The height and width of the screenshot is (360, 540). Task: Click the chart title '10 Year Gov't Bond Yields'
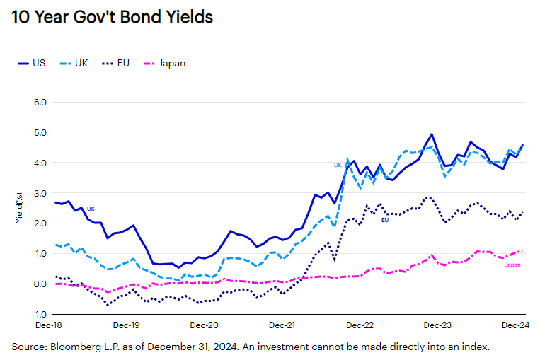(112, 18)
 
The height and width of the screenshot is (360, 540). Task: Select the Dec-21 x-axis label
(282, 326)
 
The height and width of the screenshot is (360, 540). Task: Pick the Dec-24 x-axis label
(515, 326)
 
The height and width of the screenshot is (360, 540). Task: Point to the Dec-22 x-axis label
(360, 326)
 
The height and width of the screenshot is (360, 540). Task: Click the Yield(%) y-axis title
(19, 207)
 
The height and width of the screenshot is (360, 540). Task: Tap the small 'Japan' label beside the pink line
(513, 265)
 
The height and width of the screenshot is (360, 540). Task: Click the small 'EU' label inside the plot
(385, 221)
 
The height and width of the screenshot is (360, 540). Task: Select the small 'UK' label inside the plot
(338, 165)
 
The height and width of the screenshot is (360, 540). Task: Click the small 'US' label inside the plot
(91, 209)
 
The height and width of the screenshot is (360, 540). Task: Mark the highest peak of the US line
(432, 134)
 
